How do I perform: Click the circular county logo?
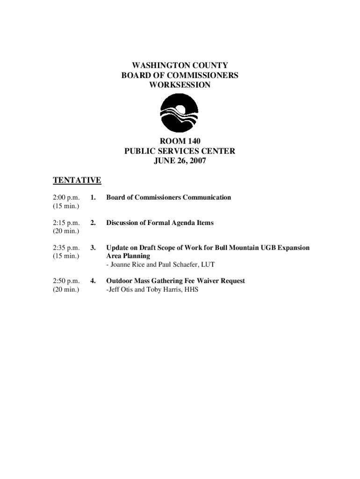pos(179,113)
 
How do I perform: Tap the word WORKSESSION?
pos(180,85)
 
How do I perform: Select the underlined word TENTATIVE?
pos(77,180)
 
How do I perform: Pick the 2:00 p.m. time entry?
pos(66,197)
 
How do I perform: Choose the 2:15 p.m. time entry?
pos(66,223)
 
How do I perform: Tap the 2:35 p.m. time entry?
pos(66,248)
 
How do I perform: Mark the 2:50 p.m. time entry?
pos(66,281)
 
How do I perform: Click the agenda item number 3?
pos(93,248)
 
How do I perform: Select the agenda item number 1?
pos(93,197)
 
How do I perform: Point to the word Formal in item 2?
pos(159,223)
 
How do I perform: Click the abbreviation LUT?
pos(207,265)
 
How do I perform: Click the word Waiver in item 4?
pos(204,281)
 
